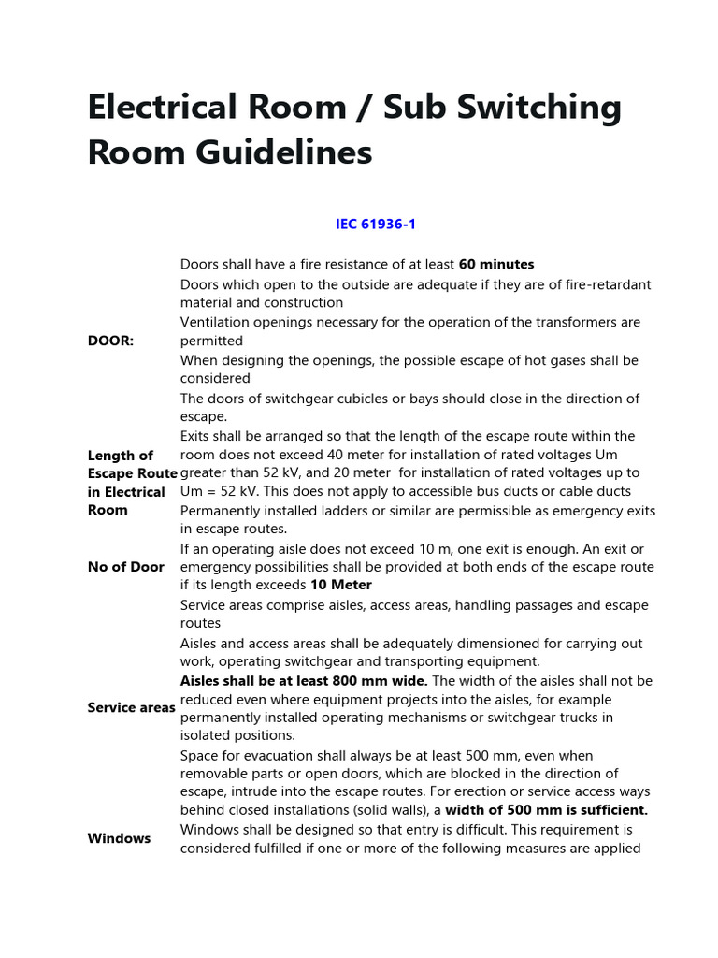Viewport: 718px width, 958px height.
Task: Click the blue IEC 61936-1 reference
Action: (x=375, y=225)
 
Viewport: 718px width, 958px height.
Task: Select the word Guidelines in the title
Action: (x=278, y=152)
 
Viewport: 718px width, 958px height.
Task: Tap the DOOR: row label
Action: (x=110, y=341)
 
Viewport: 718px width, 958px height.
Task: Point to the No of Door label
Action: (x=125, y=567)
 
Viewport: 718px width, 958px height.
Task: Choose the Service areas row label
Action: (x=131, y=707)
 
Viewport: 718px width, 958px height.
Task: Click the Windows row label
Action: (x=119, y=838)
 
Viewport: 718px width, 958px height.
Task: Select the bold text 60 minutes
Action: (x=496, y=265)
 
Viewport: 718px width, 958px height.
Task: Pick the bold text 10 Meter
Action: (x=341, y=586)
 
